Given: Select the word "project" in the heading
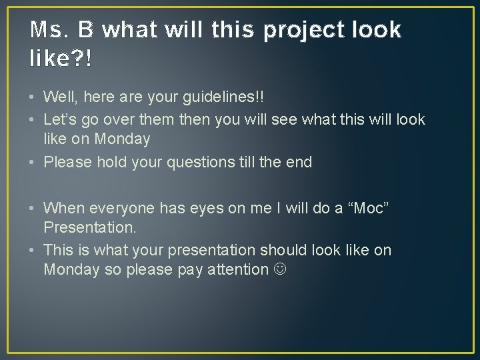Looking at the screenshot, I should coord(303,30).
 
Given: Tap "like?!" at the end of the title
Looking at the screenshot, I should coord(62,59).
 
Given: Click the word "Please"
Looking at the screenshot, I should coord(69,162).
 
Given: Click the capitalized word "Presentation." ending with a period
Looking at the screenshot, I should coord(89,227).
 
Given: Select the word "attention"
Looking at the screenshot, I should coord(236,269).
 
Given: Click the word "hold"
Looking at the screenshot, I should coord(113,162).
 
